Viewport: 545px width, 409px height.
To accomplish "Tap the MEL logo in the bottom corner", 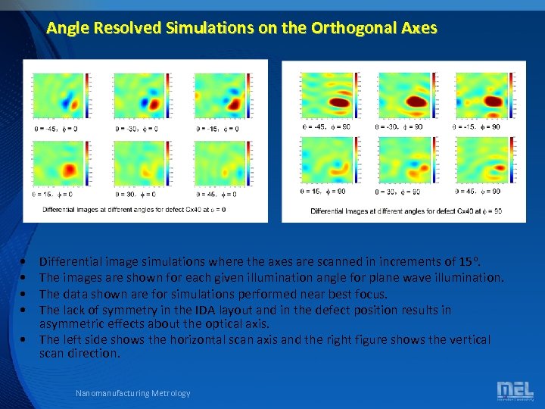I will coord(515,391).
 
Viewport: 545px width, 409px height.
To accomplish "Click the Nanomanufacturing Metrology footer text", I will coord(133,393).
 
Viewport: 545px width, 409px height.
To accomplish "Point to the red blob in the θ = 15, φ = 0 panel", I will coord(70,169).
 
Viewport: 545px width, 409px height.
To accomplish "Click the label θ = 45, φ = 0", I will coord(218,195).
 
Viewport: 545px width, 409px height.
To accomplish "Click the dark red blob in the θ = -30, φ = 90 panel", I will coord(416,99).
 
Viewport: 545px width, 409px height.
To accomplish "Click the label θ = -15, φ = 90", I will coord(476,126).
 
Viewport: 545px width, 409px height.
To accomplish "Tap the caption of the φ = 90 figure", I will coord(406,211).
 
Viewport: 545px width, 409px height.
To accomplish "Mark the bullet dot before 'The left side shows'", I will coord(26,340).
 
